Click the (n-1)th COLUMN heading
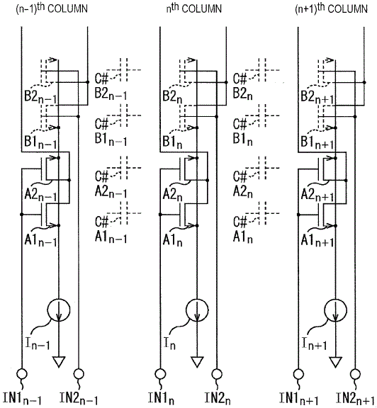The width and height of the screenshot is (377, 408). tap(52, 8)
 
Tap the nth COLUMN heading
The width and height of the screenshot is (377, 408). tap(194, 8)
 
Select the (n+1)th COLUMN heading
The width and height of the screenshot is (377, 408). tap(331, 8)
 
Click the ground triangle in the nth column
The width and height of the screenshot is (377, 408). tap(197, 362)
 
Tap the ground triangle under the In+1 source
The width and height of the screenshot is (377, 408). tap(336, 362)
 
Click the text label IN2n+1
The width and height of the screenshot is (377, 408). tap(356, 398)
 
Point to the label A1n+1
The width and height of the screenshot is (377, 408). tap(317, 240)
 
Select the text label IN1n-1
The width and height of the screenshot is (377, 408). tap(22, 398)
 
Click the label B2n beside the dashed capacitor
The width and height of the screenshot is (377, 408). tap(242, 93)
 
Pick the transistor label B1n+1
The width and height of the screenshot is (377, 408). tap(317, 142)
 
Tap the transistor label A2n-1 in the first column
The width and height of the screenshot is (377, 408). tap(40, 194)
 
